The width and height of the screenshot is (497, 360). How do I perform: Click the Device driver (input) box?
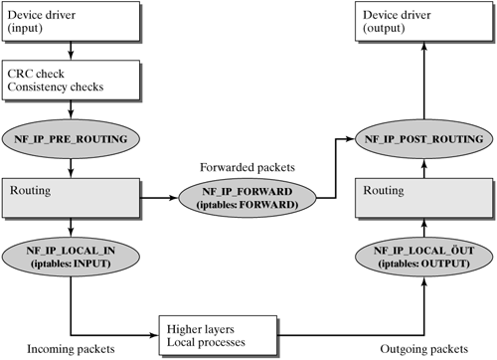pos(72,22)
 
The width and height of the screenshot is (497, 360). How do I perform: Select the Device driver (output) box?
pos(425,22)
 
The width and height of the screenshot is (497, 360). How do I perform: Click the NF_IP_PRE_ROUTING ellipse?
pos(72,138)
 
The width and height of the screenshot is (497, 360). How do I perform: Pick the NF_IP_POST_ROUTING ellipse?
pos(425,138)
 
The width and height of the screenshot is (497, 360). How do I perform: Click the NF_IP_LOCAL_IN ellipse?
pos(72,257)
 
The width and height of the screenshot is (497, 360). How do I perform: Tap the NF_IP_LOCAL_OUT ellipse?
pos(425,257)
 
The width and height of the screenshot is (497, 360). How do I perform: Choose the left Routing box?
pos(72,197)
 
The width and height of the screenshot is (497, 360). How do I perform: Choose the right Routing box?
pos(425,197)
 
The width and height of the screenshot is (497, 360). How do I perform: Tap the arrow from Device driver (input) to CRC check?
pos(72,52)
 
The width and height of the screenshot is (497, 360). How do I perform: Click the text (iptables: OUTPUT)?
pos(425,263)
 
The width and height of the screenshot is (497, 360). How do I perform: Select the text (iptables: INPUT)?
pos(72,263)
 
